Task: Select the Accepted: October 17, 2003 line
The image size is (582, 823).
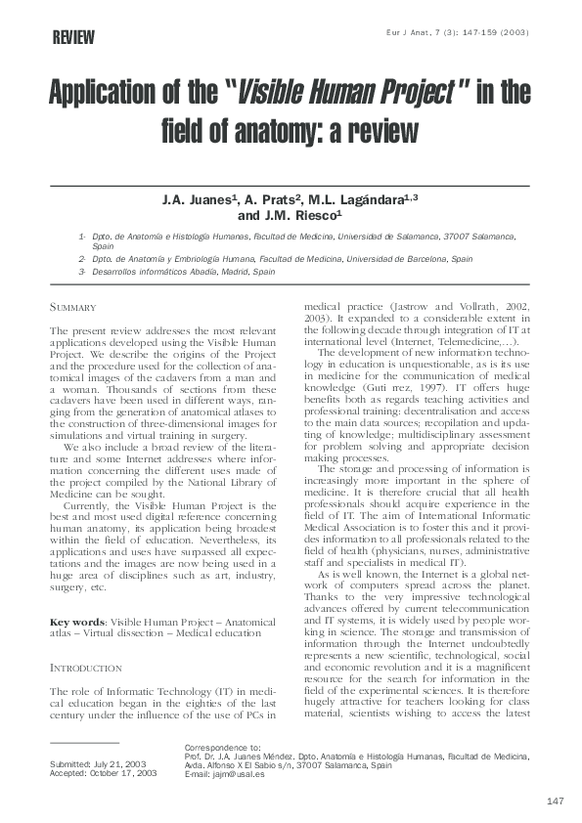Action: coord(102,772)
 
